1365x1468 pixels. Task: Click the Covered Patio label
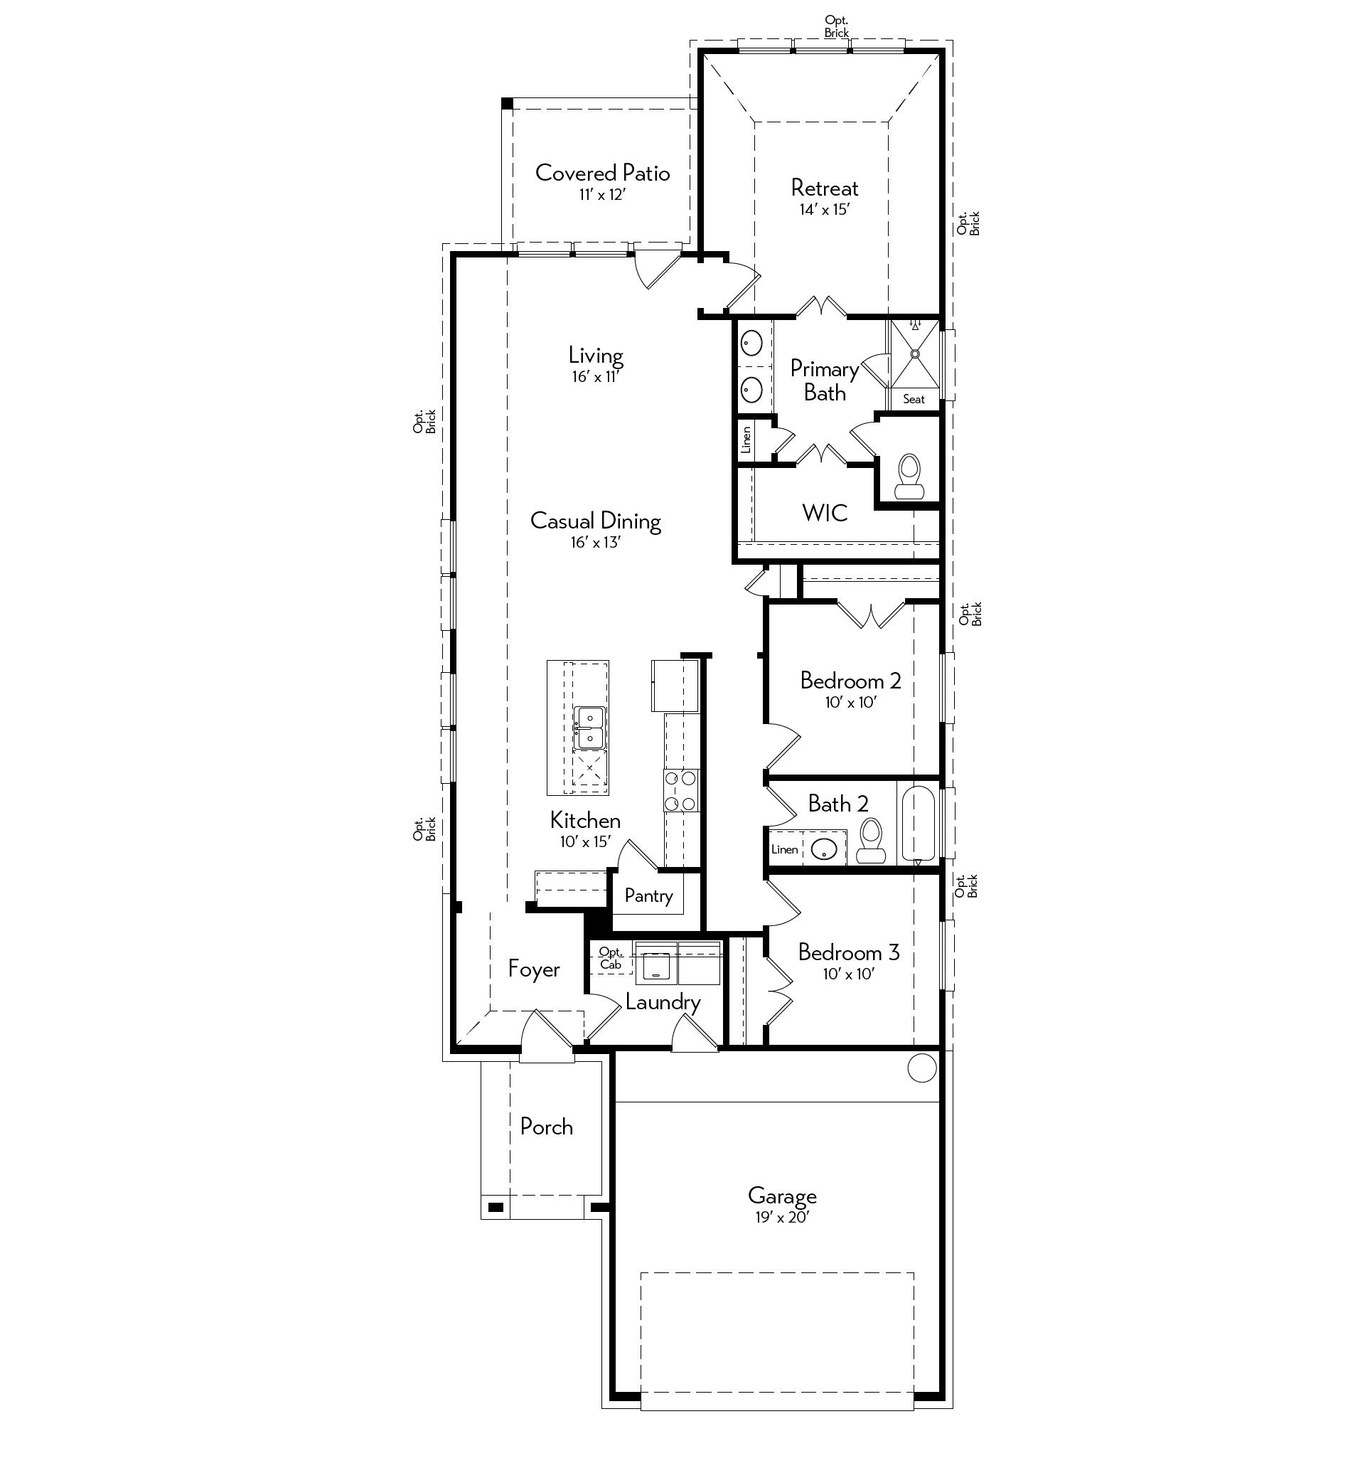[602, 173]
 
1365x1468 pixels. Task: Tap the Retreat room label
[825, 188]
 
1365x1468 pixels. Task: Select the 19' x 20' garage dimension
[782, 1217]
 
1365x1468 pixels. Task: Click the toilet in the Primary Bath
[909, 477]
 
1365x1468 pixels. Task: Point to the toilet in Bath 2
[871, 841]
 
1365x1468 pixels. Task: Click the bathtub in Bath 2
[919, 824]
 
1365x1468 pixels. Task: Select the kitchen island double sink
[590, 728]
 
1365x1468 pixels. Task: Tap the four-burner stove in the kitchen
[680, 790]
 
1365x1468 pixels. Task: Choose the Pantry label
[648, 895]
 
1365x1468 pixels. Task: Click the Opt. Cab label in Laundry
[611, 958]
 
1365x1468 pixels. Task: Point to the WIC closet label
[825, 513]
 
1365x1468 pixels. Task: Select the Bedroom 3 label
[849, 952]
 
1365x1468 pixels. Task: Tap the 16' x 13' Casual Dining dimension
[595, 542]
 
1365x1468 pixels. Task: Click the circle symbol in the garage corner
[921, 1068]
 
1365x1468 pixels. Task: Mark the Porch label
[546, 1126]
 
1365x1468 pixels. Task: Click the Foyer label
[534, 969]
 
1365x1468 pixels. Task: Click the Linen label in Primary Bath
[746, 440]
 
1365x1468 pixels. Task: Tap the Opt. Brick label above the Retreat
[837, 26]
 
